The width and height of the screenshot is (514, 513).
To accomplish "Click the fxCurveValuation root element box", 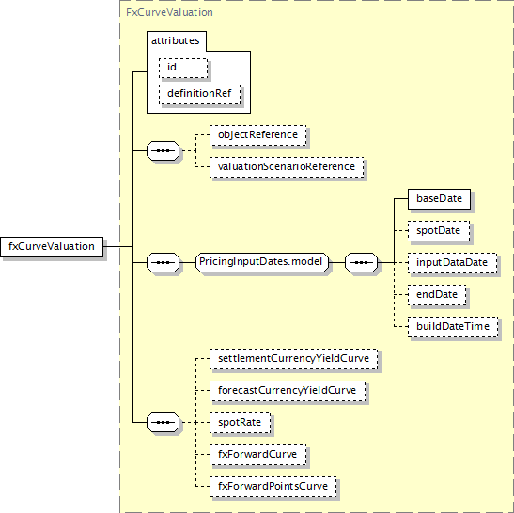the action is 52,247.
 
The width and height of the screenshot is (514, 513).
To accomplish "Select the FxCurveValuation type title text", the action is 169,12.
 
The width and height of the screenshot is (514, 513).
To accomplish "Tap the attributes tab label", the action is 176,40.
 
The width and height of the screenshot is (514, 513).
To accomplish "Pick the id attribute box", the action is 183,69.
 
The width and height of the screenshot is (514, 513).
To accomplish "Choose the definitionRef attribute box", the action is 199,94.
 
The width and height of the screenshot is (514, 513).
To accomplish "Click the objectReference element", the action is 258,135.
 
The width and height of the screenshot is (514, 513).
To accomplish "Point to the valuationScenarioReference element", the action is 287,167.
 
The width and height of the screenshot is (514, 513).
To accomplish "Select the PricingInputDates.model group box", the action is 262,262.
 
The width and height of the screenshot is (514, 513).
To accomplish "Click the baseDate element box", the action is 439,199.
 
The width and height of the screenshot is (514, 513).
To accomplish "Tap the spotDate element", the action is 439,231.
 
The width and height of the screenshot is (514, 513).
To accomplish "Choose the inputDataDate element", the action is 452,263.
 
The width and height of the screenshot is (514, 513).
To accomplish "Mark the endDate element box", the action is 437,295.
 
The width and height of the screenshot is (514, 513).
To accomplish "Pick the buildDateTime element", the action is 453,327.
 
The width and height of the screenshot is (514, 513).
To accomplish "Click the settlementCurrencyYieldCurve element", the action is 294,359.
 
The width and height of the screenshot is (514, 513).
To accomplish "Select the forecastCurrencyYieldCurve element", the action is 288,391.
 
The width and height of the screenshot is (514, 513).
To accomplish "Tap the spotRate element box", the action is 241,423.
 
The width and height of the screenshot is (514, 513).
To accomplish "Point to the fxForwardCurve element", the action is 258,455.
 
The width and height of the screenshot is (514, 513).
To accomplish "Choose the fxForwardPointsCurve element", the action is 273,487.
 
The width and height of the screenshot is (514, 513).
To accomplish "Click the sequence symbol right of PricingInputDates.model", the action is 361,262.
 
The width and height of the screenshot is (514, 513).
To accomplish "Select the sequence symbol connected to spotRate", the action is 164,422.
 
